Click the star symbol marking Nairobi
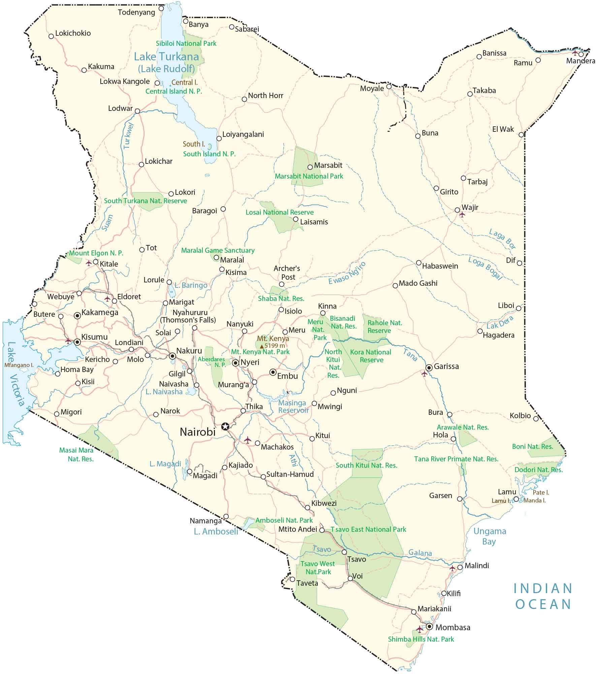click(225, 426)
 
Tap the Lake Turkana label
click(167, 57)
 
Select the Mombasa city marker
click(429, 626)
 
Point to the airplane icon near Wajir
click(462, 214)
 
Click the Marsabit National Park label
click(309, 176)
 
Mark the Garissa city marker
click(429, 367)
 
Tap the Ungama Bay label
click(490, 536)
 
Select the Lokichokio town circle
click(51, 36)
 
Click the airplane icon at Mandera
click(575, 53)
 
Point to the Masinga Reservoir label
click(293, 406)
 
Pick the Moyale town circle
click(389, 87)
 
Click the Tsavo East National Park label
click(368, 529)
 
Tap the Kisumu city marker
click(77, 342)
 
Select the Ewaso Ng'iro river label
click(347, 273)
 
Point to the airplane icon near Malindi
click(452, 568)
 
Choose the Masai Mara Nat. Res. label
click(76, 454)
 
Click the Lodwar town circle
click(137, 111)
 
